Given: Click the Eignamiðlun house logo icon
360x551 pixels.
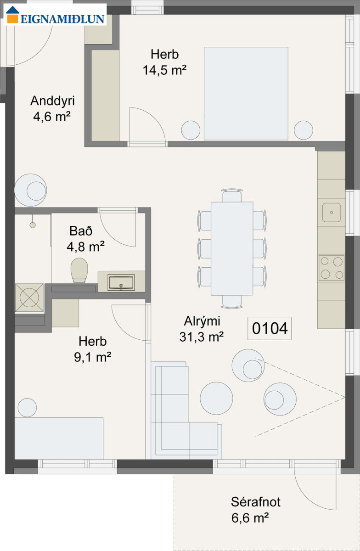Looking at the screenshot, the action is coord(12,15).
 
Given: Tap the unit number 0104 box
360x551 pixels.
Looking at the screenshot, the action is coord(270,328).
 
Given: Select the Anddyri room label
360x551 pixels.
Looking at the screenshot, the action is coord(52,101).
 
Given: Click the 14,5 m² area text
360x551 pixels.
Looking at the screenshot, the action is coord(165,70).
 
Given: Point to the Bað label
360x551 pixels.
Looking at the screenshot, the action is coord(81,231).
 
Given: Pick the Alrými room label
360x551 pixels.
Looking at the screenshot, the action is coord(202,321).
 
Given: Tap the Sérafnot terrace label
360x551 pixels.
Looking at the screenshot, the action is coord(255,502).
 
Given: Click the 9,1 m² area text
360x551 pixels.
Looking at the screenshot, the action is coord(92,357).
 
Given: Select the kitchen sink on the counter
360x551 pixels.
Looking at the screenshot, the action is coord(332,213).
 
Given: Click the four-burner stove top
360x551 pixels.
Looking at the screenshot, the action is coord(332,268).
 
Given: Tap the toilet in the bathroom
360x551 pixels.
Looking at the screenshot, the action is coord(79,270).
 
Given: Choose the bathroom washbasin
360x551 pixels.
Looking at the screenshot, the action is coord(121,282).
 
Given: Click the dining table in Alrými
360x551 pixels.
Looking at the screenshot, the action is coord(232,248).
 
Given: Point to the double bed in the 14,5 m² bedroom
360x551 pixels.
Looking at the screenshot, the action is coord(246,94).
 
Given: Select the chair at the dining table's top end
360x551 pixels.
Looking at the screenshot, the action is coord(232,195).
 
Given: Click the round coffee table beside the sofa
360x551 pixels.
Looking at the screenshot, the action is coord(216,398).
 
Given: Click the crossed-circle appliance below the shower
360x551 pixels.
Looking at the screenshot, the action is coord(29,298).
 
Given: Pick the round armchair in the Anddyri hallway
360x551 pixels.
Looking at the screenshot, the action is coord(30,190).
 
